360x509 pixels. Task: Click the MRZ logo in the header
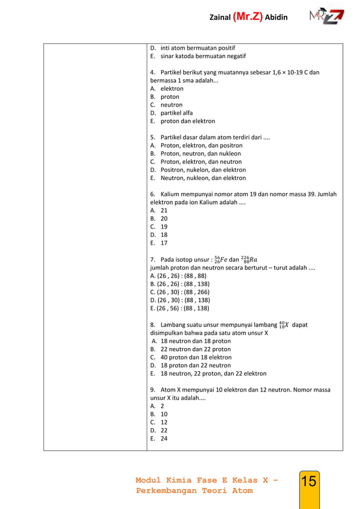coord(326,16)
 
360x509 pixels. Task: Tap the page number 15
coord(309,481)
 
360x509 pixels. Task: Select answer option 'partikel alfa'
coord(176,113)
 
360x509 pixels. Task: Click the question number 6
coord(153,194)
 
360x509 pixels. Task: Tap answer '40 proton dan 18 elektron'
coord(195,357)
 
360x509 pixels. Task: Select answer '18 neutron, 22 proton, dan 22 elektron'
coord(213,374)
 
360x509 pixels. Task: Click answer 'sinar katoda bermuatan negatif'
coord(203,56)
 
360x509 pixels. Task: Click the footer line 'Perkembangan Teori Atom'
coord(194,490)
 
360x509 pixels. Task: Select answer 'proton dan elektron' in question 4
coord(187,121)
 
